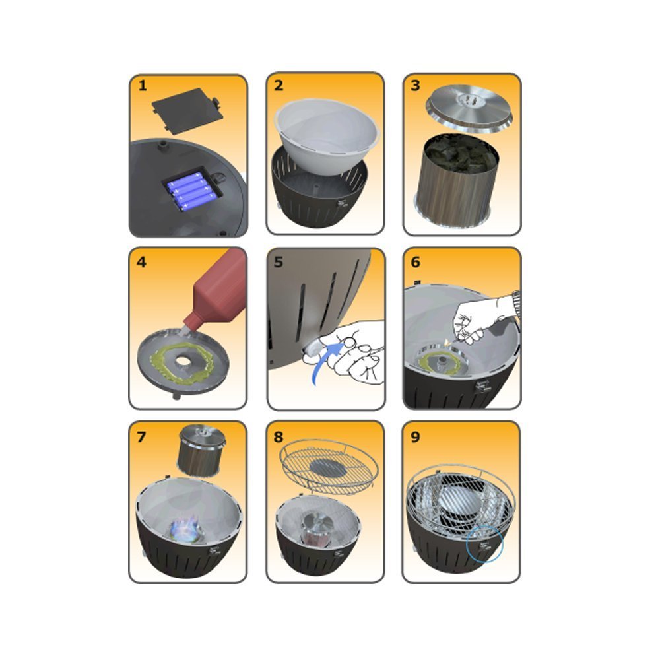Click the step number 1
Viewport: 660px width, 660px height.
pyautogui.click(x=143, y=85)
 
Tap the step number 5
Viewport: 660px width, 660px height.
pyautogui.click(x=279, y=262)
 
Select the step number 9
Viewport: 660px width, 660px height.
pyautogui.click(x=415, y=437)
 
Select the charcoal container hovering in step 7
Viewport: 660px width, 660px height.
pyautogui.click(x=201, y=451)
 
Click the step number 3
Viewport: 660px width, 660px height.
pyautogui.click(x=415, y=85)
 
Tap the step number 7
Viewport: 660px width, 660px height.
pyautogui.click(x=141, y=437)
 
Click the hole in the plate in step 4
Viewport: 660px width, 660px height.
pyautogui.click(x=183, y=361)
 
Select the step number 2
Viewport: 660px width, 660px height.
pyautogui.click(x=279, y=85)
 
